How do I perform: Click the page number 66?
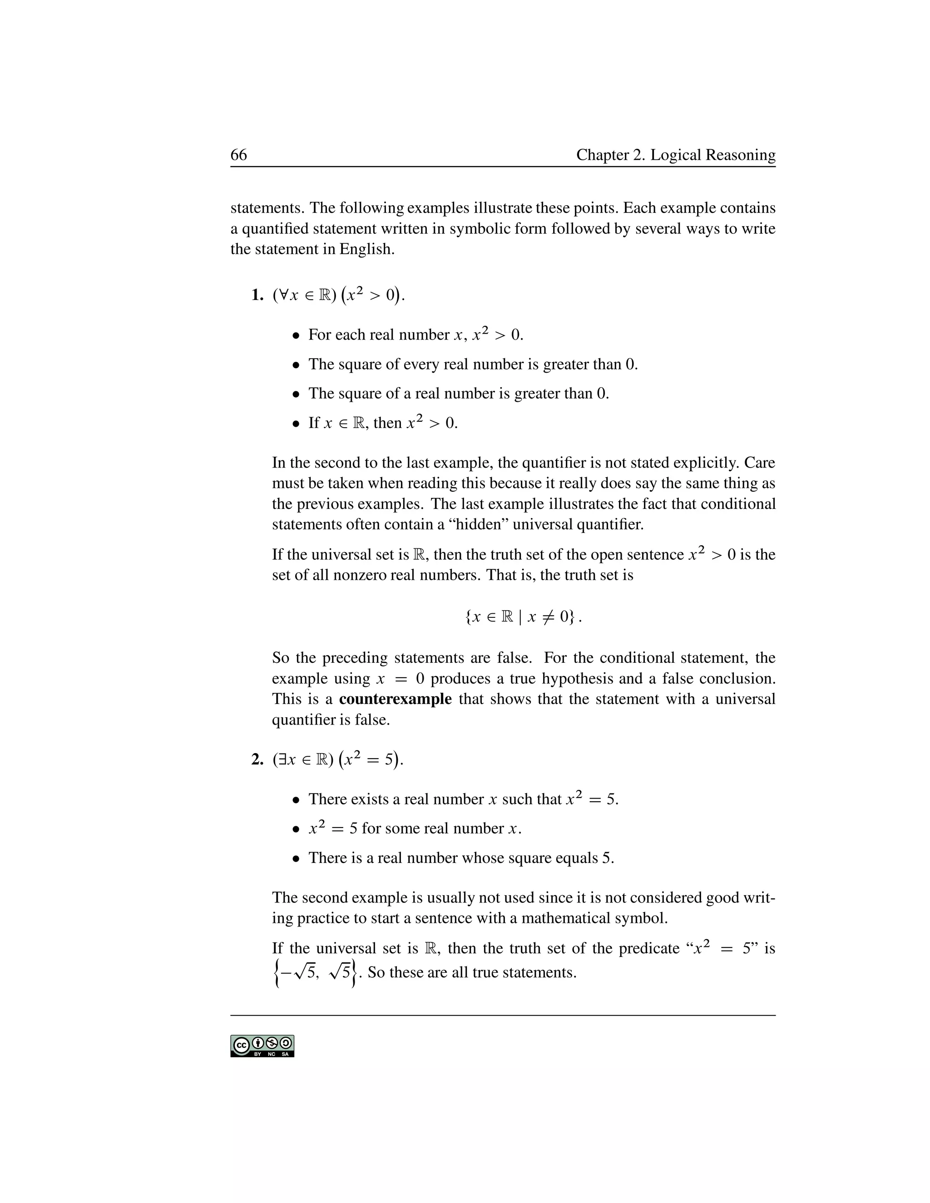238,155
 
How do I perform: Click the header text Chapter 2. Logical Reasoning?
675,155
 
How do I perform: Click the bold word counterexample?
395,699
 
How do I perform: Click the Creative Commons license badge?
262,1046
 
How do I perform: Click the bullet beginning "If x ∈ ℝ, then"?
383,423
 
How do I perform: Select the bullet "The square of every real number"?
473,364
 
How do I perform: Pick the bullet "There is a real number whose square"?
460,858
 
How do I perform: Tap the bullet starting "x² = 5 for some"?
414,829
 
